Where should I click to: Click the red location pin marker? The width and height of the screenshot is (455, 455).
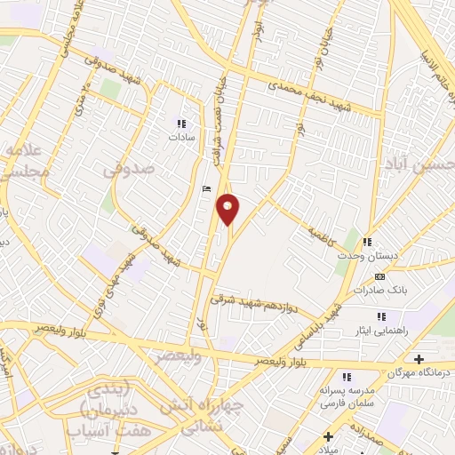coord(228,208)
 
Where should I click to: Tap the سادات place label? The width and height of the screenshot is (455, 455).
coord(181,139)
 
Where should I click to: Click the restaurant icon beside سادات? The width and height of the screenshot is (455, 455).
coord(181,124)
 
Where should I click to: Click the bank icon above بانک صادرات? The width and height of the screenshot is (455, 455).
coord(380,276)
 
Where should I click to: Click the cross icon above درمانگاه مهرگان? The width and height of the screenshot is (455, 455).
coord(419,358)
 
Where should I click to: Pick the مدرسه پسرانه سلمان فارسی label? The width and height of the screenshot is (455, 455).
coord(352,396)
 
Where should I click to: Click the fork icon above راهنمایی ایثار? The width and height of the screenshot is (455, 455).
coord(380,315)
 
